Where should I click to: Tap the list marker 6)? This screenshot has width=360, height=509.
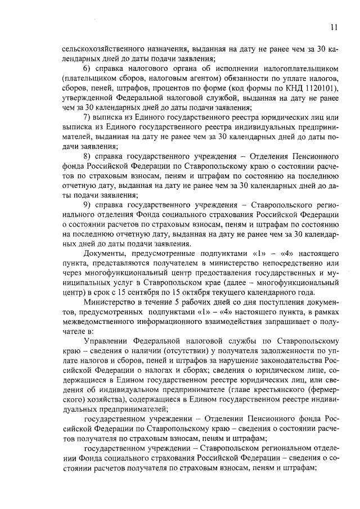(87, 69)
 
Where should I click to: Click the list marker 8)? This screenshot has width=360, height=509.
(87, 155)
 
